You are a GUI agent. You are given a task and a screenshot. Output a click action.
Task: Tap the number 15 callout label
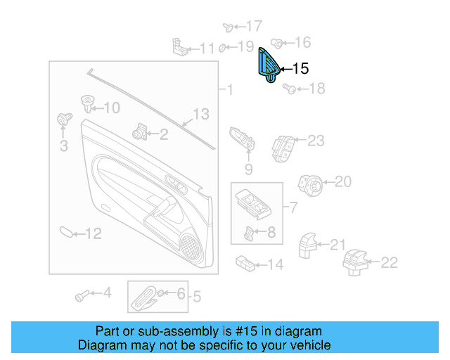point(300,69)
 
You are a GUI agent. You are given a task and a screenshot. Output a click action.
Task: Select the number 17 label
point(252,26)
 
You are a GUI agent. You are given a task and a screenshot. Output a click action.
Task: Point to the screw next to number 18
point(288,89)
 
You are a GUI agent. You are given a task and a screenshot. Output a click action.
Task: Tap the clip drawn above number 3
point(63,120)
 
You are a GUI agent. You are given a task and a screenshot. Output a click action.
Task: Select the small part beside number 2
point(139,131)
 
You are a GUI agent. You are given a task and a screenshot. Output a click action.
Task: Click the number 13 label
point(201,113)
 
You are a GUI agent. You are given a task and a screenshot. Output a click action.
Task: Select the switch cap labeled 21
point(308,245)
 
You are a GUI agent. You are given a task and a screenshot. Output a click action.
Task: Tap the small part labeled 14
point(245,263)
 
